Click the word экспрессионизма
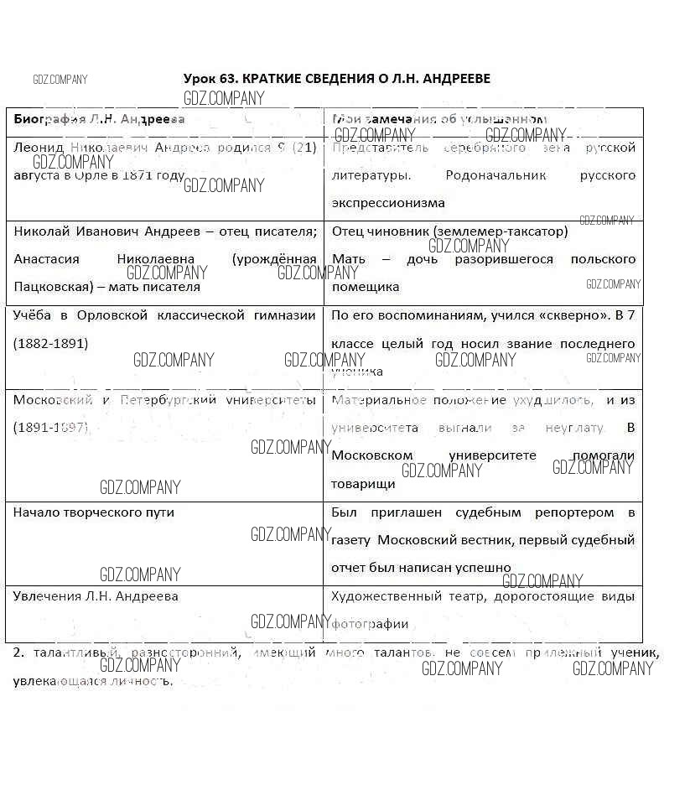[x=388, y=203]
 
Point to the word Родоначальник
[x=496, y=175]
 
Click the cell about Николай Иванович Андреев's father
[x=165, y=231]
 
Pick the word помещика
[x=366, y=287]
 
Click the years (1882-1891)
[x=50, y=344]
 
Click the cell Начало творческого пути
[x=94, y=512]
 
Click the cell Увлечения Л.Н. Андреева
[x=96, y=596]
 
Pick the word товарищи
[x=363, y=484]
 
